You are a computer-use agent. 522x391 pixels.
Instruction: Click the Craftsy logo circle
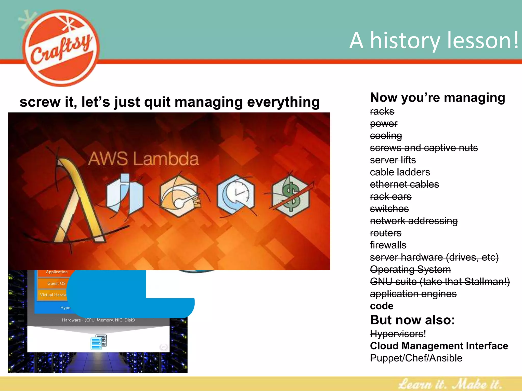pyautogui.click(x=61, y=48)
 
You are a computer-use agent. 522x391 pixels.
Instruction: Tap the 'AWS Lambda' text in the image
pyautogui.click(x=143, y=159)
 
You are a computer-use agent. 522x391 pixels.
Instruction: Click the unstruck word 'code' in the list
pyautogui.click(x=382, y=306)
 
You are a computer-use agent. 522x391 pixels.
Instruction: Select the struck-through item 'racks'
pyautogui.click(x=382, y=111)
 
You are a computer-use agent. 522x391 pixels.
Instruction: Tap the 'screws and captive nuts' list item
pyautogui.click(x=424, y=148)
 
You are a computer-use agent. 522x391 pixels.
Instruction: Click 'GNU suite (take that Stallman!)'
pyautogui.click(x=440, y=282)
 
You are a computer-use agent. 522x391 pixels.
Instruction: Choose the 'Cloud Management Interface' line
pyautogui.click(x=439, y=346)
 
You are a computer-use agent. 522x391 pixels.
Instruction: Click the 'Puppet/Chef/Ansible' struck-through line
pyautogui.click(x=416, y=358)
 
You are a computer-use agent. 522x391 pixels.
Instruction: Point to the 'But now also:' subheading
pyautogui.click(x=412, y=320)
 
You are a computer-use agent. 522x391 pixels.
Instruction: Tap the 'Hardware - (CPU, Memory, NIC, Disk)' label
pyautogui.click(x=98, y=320)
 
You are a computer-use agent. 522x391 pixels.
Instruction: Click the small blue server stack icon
pyautogui.click(x=99, y=342)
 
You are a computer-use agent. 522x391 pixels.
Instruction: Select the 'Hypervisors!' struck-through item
pyautogui.click(x=398, y=334)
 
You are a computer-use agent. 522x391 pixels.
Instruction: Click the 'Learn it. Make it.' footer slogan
pyautogui.click(x=450, y=384)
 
